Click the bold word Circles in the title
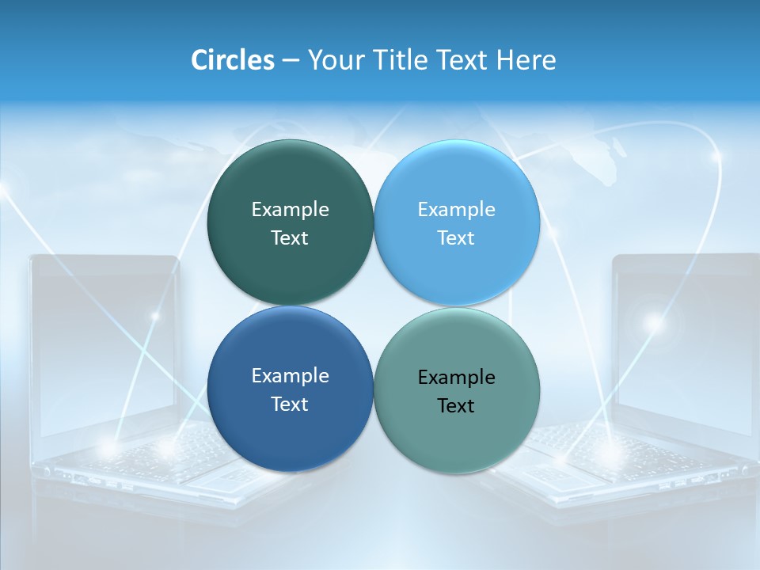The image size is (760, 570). point(233,60)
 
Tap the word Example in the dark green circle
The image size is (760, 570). point(290,210)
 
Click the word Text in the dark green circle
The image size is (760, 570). point(290,238)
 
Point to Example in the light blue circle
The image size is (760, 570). point(457,210)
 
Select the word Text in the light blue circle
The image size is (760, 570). point(457,238)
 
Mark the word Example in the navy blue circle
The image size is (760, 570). point(290,376)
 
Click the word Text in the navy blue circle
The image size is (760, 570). point(290,405)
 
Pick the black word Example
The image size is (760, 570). point(457,378)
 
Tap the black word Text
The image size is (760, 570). point(457,406)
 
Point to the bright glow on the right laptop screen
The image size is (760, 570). point(654,322)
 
